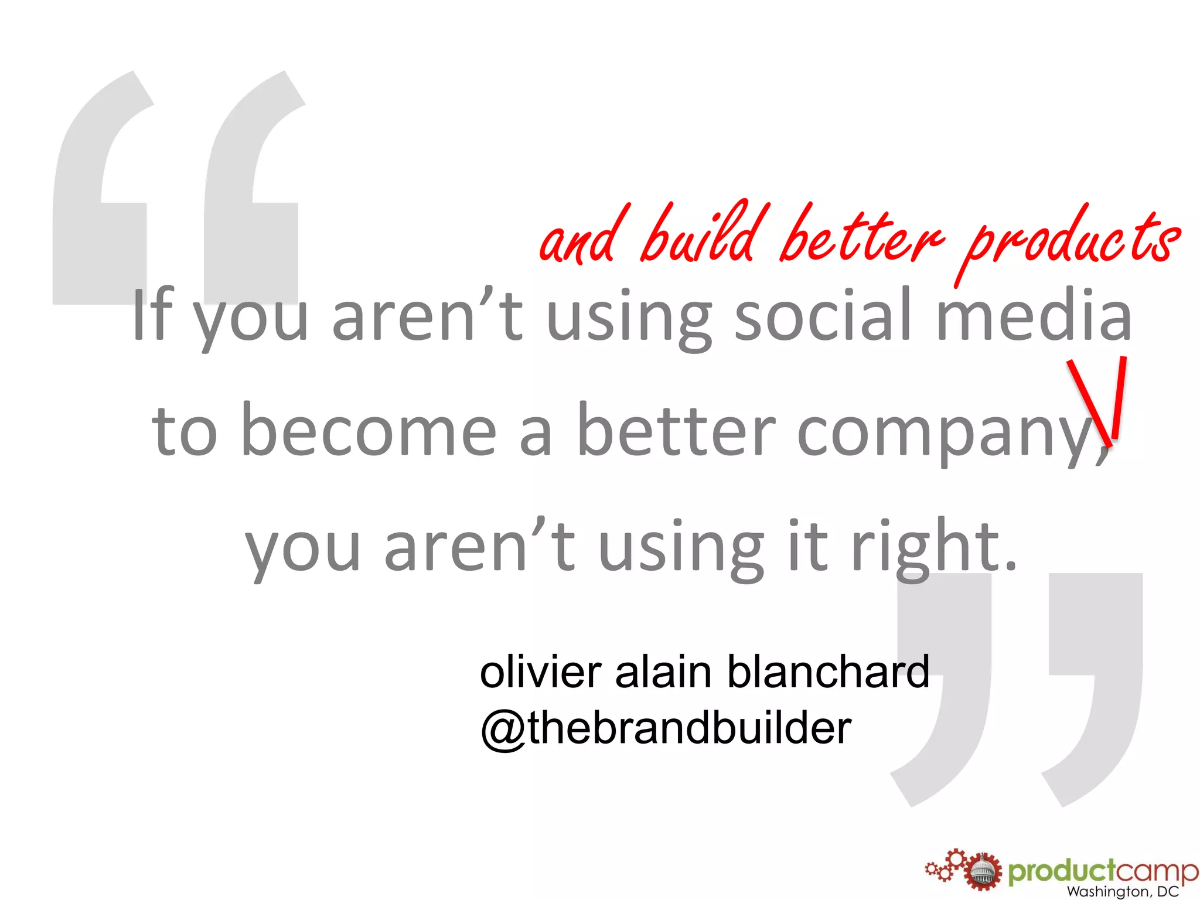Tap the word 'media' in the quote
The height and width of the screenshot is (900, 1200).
pos(1034,316)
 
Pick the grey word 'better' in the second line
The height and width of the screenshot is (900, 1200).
pos(677,431)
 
